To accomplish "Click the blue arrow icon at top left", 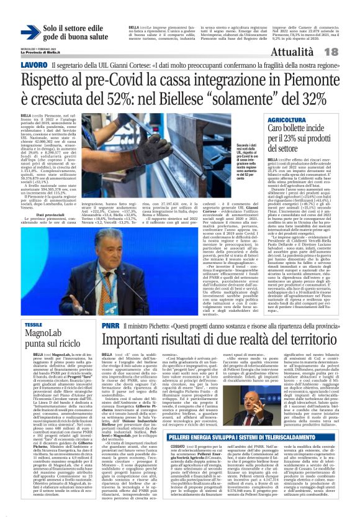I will pyautogui.click(x=30, y=32).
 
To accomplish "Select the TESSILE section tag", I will pyautogui.click(x=33, y=325).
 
